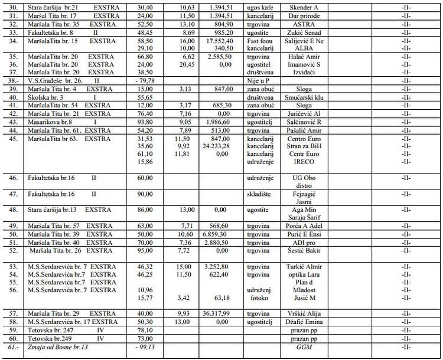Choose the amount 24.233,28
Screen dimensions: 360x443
pos(214,146)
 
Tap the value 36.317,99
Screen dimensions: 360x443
pos(214,313)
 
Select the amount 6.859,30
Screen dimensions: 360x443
pos(214,234)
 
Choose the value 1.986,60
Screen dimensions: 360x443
pos(214,122)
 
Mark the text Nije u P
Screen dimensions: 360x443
pos(258,80)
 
